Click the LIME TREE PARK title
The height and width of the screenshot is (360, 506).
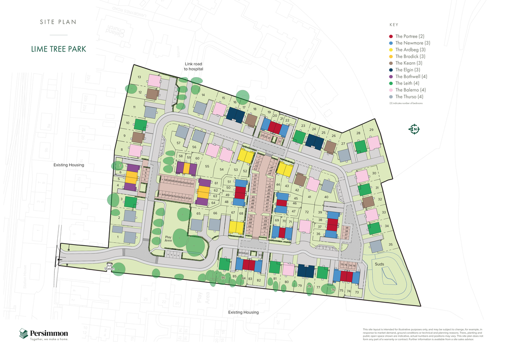point(58,49)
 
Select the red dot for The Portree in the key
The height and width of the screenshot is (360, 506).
point(391,37)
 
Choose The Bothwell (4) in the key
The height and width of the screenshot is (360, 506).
point(411,77)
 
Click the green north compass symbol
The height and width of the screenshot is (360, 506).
point(414,130)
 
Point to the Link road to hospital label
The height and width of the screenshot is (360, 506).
point(194,66)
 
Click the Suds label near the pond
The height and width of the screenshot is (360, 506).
point(379,265)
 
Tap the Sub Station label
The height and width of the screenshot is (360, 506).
point(110,267)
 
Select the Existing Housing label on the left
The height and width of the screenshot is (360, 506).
point(69,165)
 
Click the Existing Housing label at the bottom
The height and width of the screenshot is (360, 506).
point(243,312)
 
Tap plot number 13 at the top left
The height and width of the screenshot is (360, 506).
point(139,77)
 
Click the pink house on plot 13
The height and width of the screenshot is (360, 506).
point(154,80)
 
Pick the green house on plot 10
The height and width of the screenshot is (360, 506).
point(141,125)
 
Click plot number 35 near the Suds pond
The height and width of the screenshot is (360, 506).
point(390,245)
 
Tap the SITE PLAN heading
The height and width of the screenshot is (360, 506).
point(58,22)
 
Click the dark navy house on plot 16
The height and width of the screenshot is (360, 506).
point(235,115)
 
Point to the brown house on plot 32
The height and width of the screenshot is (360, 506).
point(368,202)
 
